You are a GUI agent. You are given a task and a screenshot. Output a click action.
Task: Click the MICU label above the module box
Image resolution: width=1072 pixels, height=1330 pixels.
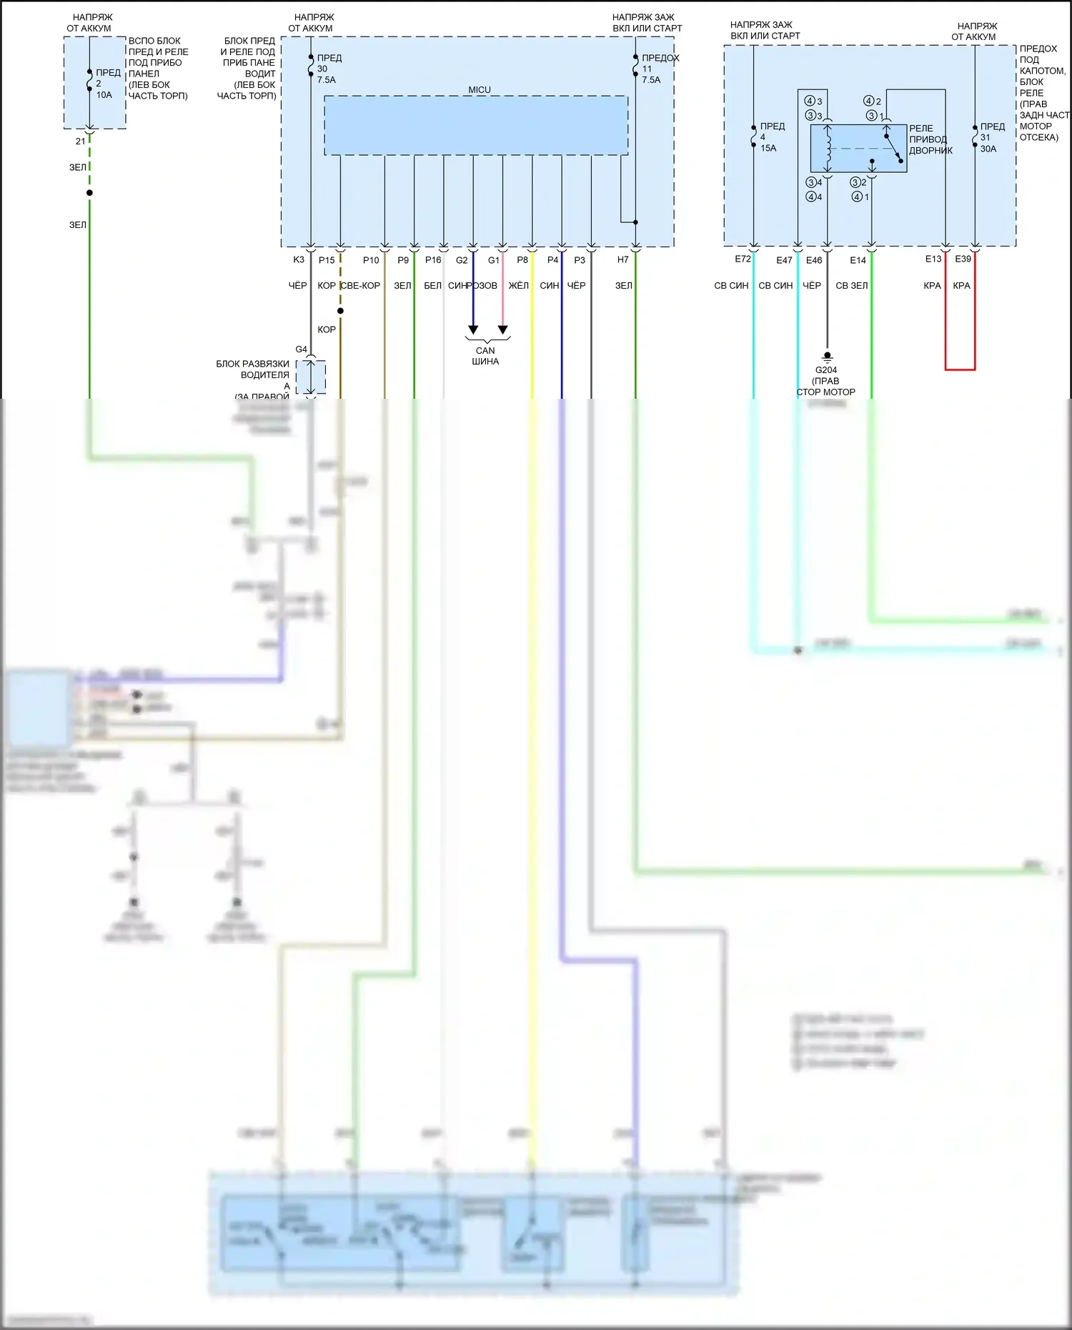coord(480,90)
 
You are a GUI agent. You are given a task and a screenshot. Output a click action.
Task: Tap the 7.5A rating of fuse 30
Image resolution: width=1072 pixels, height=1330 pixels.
coord(327,80)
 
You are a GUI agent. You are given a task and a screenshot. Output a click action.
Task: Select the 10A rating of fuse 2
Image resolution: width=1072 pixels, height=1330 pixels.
coord(104,95)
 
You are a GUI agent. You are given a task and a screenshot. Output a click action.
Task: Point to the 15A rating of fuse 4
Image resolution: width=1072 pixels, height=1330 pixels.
coord(768,149)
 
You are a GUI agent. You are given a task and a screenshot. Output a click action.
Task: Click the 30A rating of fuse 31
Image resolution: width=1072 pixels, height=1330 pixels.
coord(988,149)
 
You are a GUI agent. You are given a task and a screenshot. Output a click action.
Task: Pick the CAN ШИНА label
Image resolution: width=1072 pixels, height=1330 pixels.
coord(485,356)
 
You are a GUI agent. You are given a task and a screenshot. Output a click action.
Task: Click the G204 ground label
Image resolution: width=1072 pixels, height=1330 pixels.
coord(825,370)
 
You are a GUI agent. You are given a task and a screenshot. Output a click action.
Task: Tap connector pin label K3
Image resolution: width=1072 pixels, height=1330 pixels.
coord(299,260)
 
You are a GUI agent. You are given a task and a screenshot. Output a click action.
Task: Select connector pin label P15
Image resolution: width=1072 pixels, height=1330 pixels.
coord(327,260)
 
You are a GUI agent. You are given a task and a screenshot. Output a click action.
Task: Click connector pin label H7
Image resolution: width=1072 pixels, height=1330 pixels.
coord(623,260)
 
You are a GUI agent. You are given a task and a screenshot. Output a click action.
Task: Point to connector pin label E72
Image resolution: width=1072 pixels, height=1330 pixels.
coord(743,259)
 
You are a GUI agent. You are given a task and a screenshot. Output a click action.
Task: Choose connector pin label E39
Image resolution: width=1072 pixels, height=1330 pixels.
coord(963,259)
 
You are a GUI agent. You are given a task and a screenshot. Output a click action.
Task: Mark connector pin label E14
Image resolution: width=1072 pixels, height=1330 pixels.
coord(858,260)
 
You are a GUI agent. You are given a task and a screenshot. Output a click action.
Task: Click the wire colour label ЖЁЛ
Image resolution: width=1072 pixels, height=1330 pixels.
coord(519,286)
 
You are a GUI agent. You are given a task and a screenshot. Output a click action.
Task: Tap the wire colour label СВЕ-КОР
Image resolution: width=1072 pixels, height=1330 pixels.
coord(361,286)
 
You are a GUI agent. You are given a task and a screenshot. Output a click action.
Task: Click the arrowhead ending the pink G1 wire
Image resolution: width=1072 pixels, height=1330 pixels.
coord(503,329)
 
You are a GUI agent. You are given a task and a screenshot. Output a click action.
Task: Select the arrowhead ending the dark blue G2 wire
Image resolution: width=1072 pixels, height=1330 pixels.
coord(473,329)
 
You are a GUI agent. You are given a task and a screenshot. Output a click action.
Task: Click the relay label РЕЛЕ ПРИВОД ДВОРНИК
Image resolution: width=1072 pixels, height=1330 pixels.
coord(930,139)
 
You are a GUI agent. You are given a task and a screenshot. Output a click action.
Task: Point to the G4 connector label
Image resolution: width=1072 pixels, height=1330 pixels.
coord(302,349)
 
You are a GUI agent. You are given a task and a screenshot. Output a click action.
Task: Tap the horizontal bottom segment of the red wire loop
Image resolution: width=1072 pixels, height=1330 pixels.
coord(960,369)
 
